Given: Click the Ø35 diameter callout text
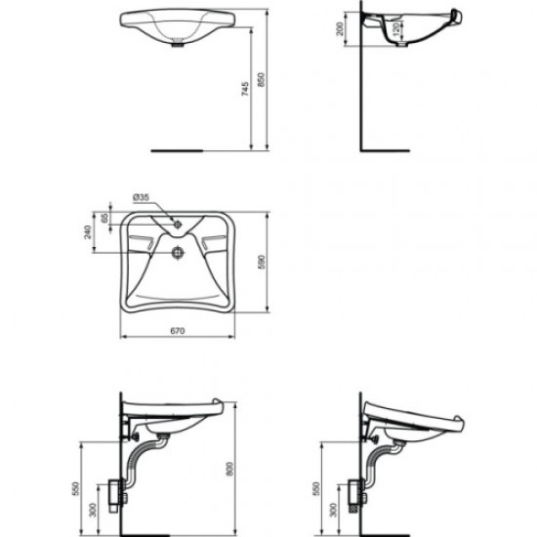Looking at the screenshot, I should tap(143, 196).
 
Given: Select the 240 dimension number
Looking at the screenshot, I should tap(86, 232).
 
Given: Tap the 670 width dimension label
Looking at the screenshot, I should tap(177, 331).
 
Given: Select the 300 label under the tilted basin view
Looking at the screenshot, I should tap(332, 511).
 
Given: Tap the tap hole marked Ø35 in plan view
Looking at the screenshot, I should tap(179, 224).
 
